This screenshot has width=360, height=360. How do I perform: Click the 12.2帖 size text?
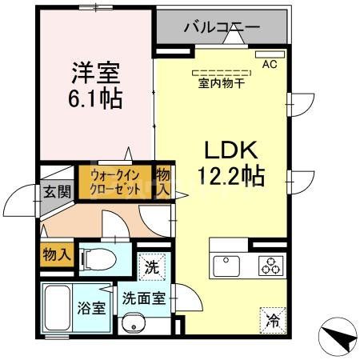tap(231, 176)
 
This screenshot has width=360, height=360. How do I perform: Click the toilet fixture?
tap(101, 258)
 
